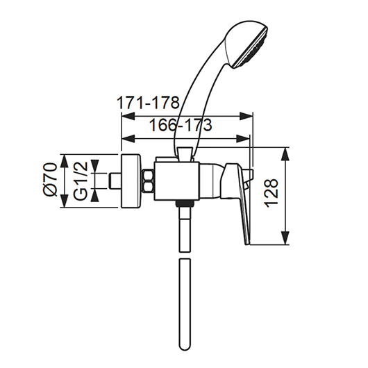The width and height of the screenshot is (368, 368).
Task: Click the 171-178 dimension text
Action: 148,103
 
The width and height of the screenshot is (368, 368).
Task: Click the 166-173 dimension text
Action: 181,125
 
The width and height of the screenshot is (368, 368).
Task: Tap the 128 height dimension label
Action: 271,193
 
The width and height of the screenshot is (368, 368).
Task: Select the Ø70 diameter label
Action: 50,180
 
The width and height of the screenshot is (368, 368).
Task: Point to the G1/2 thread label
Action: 80,181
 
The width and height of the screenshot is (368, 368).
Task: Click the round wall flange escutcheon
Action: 131,181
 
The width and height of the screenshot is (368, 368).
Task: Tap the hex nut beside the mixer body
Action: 149,181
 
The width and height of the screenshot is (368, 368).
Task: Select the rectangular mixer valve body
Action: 176,181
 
